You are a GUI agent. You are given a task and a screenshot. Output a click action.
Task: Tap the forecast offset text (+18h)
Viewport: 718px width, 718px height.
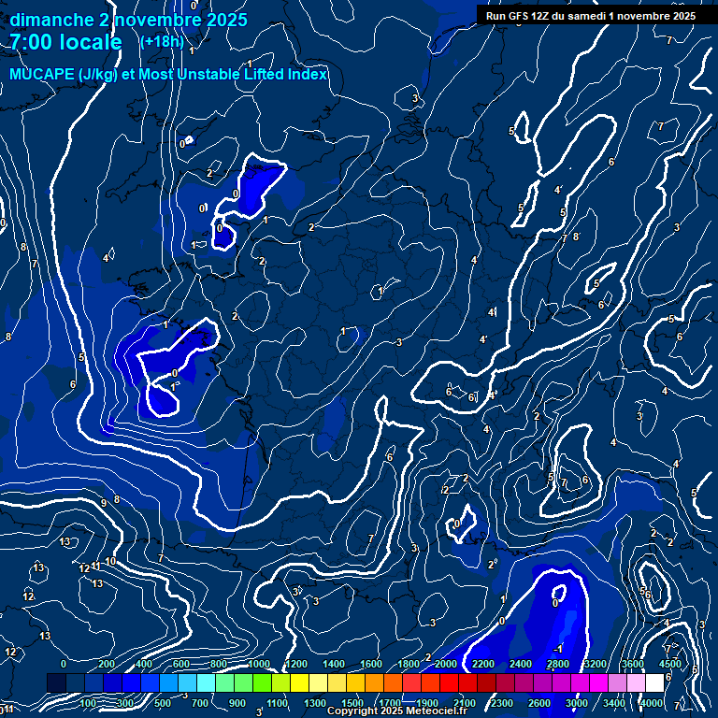click(x=162, y=42)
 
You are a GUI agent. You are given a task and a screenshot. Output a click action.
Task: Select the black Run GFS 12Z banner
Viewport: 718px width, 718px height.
click(x=592, y=15)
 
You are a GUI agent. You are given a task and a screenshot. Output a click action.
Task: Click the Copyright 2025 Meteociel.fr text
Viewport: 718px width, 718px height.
click(x=396, y=711)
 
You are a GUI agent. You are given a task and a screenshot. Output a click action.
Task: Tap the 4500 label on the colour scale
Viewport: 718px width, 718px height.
click(x=669, y=664)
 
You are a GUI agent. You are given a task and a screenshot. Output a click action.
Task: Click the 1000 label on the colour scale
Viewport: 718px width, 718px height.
click(x=258, y=664)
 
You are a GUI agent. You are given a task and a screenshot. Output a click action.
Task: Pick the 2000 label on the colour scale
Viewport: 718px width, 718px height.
click(x=445, y=664)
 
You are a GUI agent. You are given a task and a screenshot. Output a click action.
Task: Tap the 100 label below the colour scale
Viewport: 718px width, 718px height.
click(x=88, y=703)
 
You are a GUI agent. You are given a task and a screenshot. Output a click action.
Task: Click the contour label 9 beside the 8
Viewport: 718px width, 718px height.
click(x=103, y=503)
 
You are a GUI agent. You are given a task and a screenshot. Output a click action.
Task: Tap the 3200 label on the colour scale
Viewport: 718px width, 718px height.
click(x=595, y=664)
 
